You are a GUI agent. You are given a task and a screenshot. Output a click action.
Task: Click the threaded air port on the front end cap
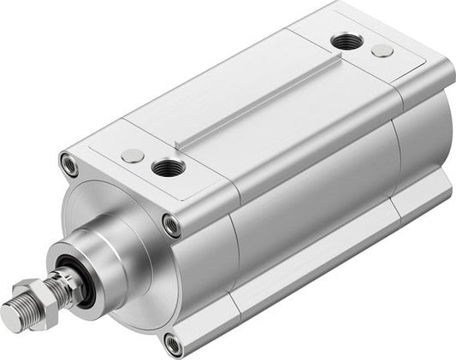(x=164, y=166)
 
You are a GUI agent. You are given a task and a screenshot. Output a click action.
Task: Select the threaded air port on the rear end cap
(x=345, y=40)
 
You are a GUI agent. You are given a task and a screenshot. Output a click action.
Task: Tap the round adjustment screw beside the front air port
(x=132, y=155)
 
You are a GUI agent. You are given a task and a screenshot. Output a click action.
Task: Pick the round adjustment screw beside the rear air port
(x=382, y=50)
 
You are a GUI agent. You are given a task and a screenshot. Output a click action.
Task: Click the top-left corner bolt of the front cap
(x=69, y=162)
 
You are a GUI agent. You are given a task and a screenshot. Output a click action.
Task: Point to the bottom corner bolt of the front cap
(x=174, y=344)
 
